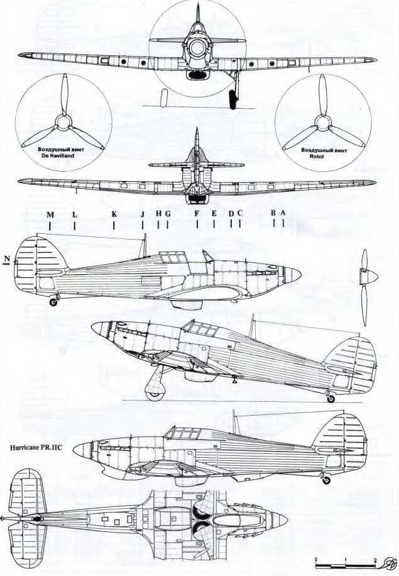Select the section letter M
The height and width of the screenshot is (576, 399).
(x=50, y=214)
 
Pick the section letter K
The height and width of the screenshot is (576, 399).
(x=114, y=214)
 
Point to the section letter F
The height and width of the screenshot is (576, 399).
(x=197, y=214)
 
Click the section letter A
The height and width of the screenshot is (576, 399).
(x=283, y=213)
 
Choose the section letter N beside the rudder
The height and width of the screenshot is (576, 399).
(x=7, y=259)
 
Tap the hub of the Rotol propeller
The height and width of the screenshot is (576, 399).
(x=321, y=120)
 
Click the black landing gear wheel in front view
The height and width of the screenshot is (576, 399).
(x=234, y=99)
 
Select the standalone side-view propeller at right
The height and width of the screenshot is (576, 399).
(x=365, y=277)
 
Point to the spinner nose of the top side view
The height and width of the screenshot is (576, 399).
(x=295, y=274)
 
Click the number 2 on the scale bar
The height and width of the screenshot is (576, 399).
(x=374, y=559)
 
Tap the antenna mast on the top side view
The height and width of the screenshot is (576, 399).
(x=145, y=245)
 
